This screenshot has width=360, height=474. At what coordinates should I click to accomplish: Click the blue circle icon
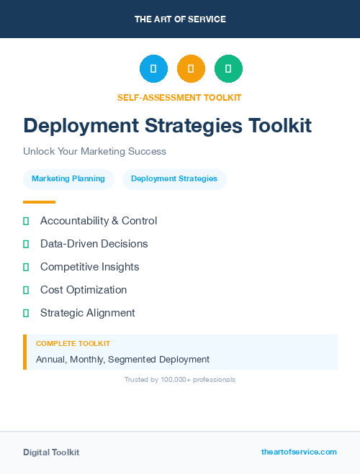tap(153, 68)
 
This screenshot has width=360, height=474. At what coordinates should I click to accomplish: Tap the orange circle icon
tap(191, 68)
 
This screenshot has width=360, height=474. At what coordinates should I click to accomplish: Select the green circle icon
tap(228, 68)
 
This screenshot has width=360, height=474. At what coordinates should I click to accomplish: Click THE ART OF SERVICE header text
tap(180, 19)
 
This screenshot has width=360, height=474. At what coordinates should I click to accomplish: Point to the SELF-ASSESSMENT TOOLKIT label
tap(179, 97)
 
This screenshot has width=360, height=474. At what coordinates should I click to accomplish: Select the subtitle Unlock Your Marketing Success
tap(94, 152)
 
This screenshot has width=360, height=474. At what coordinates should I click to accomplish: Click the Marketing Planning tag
tap(68, 179)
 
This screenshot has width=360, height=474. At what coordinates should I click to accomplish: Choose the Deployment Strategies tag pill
tap(174, 179)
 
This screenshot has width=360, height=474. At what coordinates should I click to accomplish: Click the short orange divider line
tap(39, 202)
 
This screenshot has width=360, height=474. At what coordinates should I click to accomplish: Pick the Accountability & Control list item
tap(99, 221)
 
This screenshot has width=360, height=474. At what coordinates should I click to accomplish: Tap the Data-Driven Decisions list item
tap(94, 244)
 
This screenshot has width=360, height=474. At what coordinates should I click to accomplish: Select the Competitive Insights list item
tap(89, 267)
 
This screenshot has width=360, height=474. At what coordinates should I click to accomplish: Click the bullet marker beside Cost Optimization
tap(26, 290)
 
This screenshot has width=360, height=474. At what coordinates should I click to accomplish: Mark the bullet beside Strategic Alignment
tap(26, 313)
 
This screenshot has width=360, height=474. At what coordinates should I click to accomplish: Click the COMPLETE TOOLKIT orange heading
tap(73, 344)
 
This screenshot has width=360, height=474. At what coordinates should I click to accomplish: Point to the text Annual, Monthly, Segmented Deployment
tap(122, 359)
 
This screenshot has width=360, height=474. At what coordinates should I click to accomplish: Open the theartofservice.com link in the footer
tap(299, 452)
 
